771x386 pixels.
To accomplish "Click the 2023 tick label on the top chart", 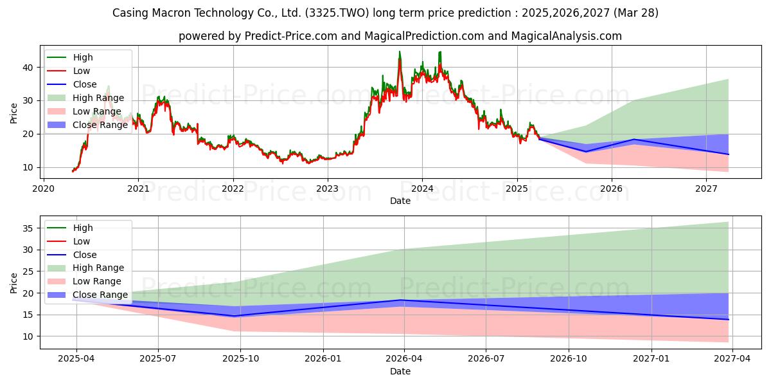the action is pos(327,189).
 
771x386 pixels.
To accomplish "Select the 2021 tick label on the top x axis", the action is pos(138,189).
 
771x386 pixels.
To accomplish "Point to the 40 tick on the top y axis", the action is pos(28,68).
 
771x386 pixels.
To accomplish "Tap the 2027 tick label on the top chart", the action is pos(706,189).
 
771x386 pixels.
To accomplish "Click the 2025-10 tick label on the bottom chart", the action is pos(240,359).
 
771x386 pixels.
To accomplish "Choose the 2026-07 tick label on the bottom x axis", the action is pos(486,359).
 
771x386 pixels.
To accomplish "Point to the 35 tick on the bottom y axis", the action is pos(28,228).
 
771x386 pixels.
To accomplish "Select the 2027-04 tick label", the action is pos(732,359).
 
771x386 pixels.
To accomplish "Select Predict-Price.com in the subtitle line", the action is pos(291,36).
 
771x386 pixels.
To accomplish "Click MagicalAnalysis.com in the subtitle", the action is pos(567,36).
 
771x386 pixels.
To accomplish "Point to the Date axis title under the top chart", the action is pos(400,201).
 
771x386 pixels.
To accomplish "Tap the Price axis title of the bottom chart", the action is pos(13,283).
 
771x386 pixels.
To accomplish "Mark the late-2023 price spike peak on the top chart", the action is pos(400,51).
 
